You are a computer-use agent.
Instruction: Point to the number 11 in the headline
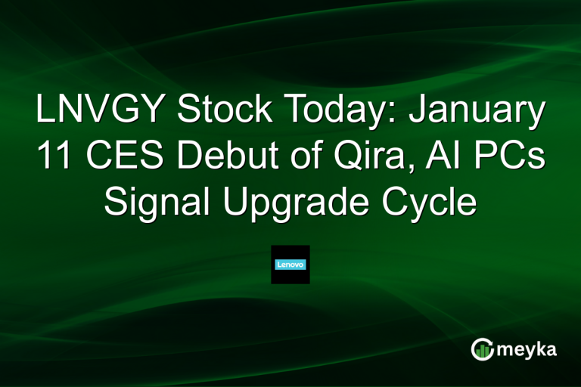(x=52, y=156)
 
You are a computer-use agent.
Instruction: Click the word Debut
(x=214, y=156)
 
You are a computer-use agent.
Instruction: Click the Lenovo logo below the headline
(x=290, y=265)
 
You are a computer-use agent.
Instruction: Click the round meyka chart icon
(x=482, y=349)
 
